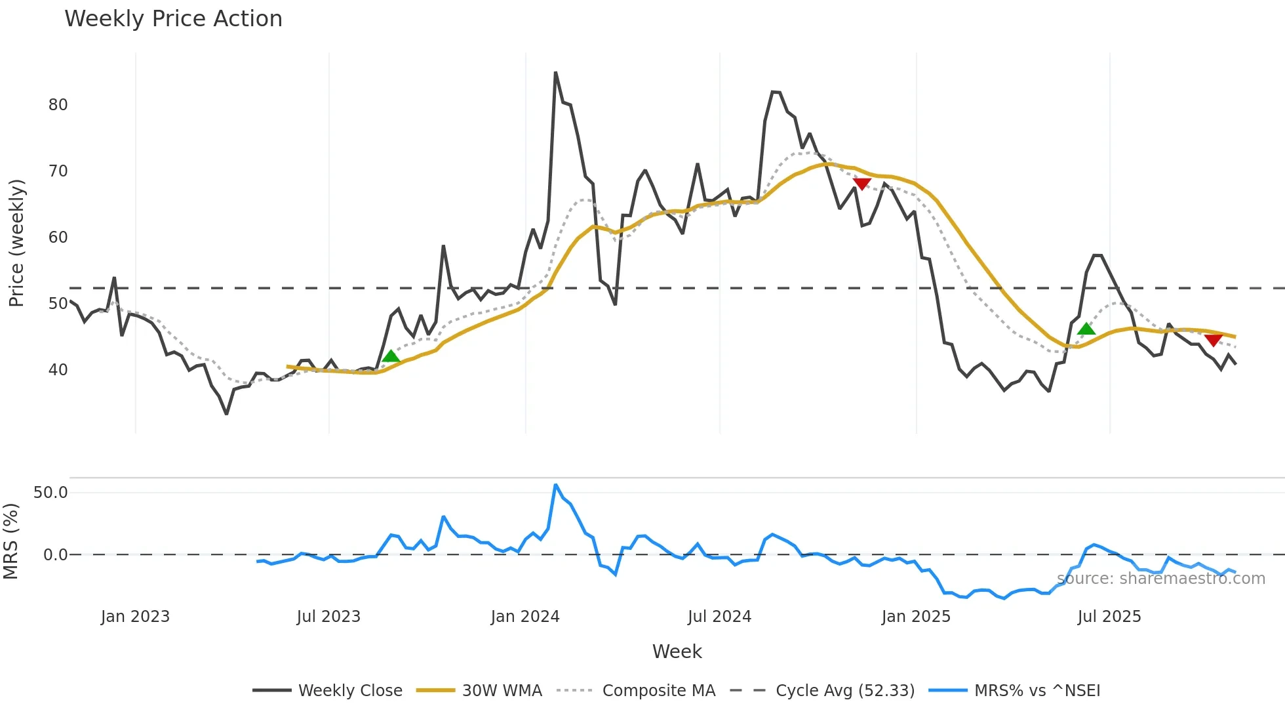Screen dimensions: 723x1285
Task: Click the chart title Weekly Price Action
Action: (x=173, y=19)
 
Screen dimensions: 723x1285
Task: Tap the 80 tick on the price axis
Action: (x=58, y=105)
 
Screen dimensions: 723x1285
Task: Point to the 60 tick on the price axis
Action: (x=58, y=238)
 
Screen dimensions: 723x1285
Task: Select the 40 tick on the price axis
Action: (x=58, y=370)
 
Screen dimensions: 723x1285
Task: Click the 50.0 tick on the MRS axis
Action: (x=50, y=493)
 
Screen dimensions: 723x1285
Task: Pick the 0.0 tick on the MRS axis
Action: (x=55, y=555)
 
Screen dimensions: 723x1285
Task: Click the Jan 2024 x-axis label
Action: (x=524, y=617)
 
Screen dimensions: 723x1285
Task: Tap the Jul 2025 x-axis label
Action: (x=1109, y=617)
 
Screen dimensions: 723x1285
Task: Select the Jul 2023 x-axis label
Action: (x=328, y=617)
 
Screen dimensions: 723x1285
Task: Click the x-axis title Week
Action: (x=677, y=651)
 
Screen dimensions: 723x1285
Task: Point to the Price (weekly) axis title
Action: (x=16, y=243)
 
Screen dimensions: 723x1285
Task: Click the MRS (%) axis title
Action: (x=10, y=541)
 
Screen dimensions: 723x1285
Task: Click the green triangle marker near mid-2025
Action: (x=1086, y=329)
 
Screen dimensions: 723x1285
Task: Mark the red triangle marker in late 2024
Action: (x=862, y=184)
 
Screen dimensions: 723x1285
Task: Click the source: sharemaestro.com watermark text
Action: (x=1160, y=579)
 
